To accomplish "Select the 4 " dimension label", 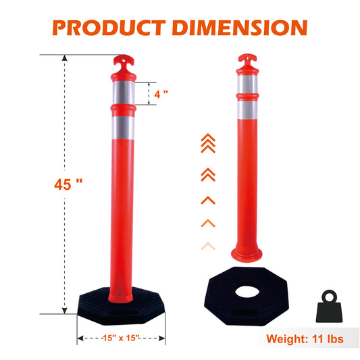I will (x=160, y=94).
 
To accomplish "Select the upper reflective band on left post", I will (x=122, y=93).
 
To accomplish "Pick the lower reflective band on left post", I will (x=122, y=125).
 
